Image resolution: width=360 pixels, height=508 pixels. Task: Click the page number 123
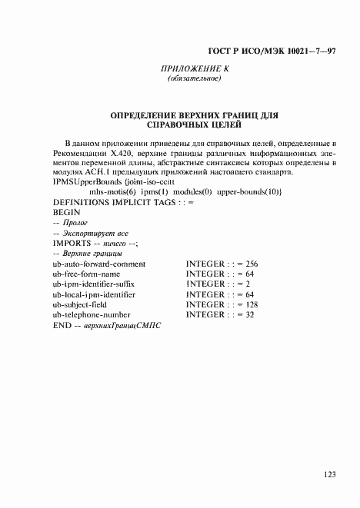tap(329, 475)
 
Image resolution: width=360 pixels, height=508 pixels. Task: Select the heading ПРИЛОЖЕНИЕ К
tap(195, 69)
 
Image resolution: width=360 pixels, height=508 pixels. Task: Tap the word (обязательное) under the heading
tap(195, 78)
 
